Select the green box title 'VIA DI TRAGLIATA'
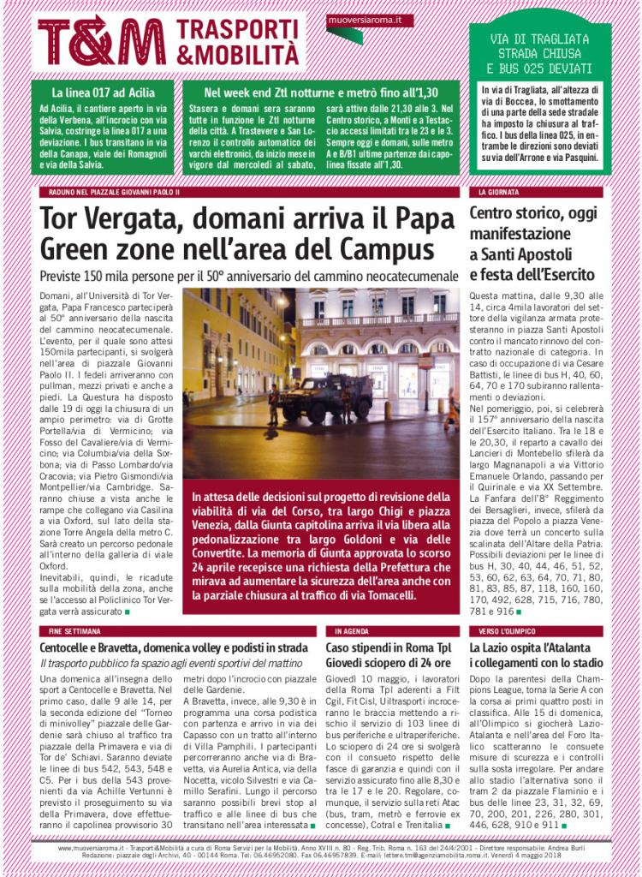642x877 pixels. pyautogui.click(x=540, y=39)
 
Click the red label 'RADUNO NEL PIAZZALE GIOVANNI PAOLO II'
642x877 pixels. pyautogui.click(x=109, y=192)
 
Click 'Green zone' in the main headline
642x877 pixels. pyautogui.click(x=111, y=249)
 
